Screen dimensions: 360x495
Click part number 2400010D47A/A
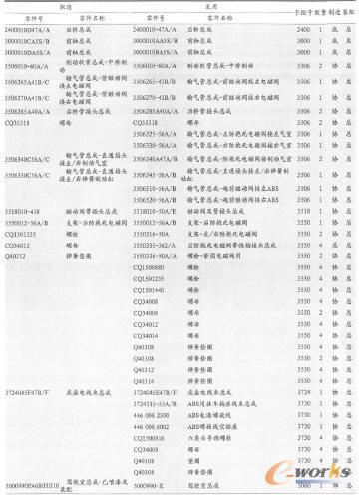tap(29, 33)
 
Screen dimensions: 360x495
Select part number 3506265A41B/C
tap(30, 82)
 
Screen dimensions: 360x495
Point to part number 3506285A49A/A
tap(30, 112)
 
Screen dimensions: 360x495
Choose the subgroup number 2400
tap(289, 33)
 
